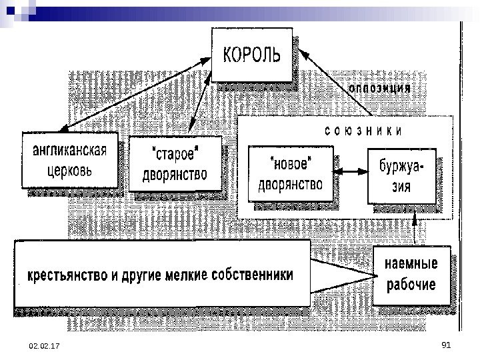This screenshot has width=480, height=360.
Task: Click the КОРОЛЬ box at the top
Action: point(252,55)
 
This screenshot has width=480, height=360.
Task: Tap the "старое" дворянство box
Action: point(175,164)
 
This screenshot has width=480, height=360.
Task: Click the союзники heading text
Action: point(363,131)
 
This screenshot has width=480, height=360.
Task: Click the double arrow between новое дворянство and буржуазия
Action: point(350,173)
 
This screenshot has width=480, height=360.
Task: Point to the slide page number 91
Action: point(447,344)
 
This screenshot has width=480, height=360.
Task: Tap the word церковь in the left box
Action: point(69,169)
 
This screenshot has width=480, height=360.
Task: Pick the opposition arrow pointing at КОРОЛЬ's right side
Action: point(324,77)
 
